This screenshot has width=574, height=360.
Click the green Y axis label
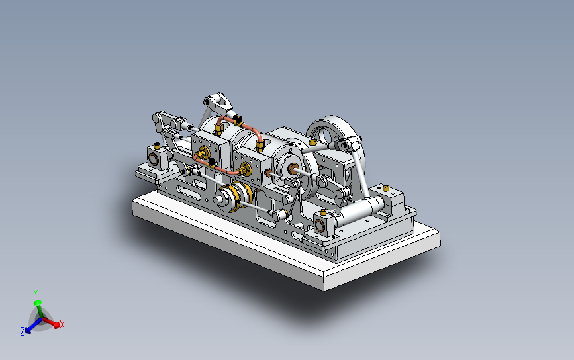36,292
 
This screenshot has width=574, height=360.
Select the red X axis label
62,324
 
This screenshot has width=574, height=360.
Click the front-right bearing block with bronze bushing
322,225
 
